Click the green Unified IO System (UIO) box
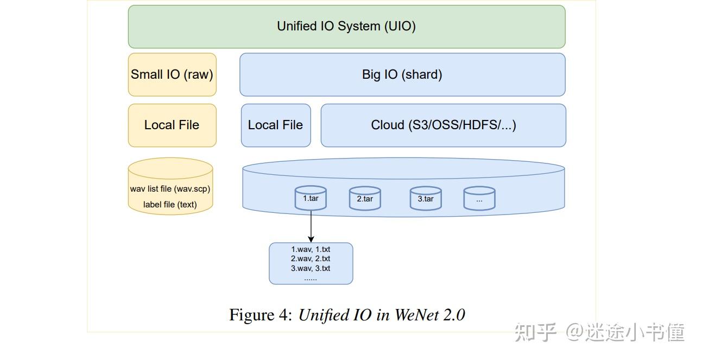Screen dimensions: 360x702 point(346,27)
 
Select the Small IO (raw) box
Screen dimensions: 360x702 point(172,74)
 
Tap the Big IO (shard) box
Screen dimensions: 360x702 point(402,74)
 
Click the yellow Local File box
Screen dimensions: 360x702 point(172,125)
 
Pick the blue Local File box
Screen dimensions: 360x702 point(276,125)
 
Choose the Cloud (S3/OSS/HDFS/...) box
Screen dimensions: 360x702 point(443,125)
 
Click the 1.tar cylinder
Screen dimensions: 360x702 point(311,198)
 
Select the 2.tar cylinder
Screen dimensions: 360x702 point(365,199)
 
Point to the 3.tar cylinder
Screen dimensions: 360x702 point(425,199)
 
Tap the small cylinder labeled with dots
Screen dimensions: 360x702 point(479,199)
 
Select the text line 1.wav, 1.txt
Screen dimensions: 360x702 point(311,249)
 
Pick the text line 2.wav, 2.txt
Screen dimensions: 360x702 point(311,258)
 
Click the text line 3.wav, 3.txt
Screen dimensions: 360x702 point(311,268)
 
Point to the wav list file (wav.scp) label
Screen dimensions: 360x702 point(170,189)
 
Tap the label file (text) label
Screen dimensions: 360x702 point(170,205)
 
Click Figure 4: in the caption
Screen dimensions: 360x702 point(261,315)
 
